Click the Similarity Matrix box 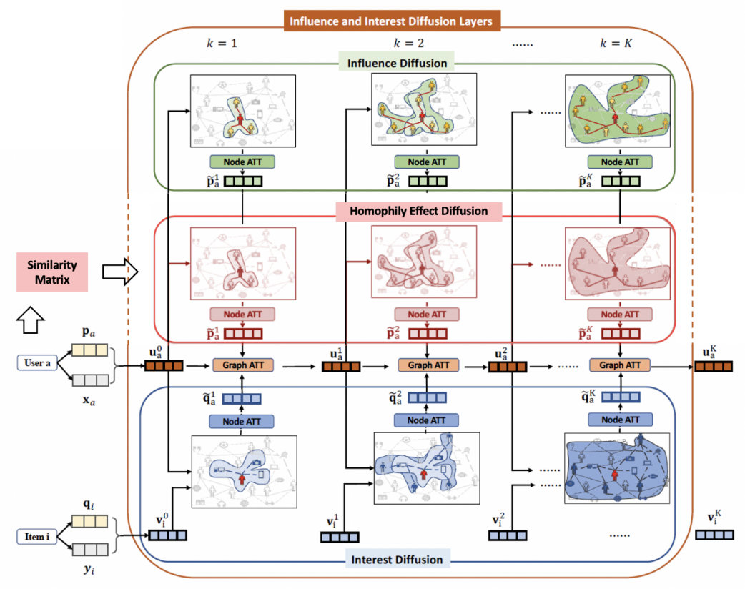coord(53,272)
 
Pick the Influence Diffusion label coord(397,64)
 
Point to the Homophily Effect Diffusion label coord(418,211)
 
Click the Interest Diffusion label coord(397,559)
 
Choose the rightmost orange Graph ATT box coord(620,365)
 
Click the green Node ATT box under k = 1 coord(244,162)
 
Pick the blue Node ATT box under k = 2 coord(427,421)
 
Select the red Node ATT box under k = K coord(620,314)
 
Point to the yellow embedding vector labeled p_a coord(89,350)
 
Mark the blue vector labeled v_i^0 coord(167,535)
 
